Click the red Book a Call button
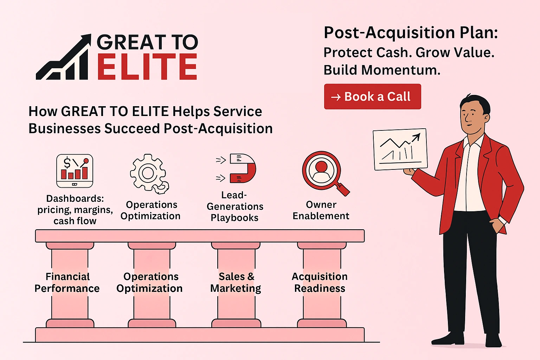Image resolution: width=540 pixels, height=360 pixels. pos(372,96)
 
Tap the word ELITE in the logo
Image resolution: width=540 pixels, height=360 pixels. pos(147,67)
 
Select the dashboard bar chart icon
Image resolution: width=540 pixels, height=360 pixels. pos(75,171)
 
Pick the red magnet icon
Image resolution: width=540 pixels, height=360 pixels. pos(242,168)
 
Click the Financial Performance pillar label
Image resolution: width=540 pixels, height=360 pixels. pos(67,282)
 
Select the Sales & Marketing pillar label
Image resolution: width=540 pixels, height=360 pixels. pos(236,282)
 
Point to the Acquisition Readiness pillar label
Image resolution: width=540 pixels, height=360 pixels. pos(320,282)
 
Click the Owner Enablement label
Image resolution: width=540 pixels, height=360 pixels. pos(321,210)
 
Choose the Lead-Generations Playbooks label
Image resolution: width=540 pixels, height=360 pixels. pos(235,206)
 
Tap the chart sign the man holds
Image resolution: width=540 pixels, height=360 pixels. pos(400,149)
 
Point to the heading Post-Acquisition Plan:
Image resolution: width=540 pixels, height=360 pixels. pos(411,33)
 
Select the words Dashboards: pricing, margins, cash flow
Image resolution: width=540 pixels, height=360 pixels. pos(75,210)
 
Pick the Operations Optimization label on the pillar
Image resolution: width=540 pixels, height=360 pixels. pos(150,282)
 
